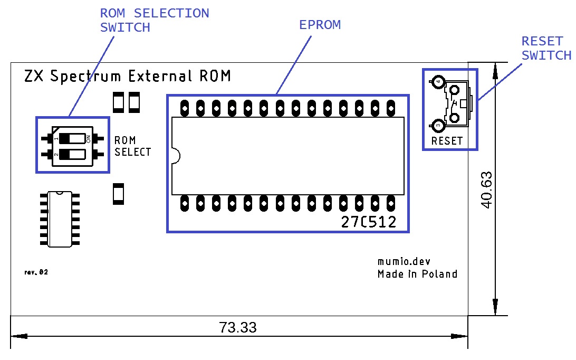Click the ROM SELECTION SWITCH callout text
(x=154, y=20)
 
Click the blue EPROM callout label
(x=320, y=25)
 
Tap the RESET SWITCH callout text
(x=546, y=48)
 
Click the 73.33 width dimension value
(x=238, y=327)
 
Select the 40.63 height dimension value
(x=487, y=190)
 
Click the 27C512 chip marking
(x=369, y=222)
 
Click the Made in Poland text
(x=417, y=274)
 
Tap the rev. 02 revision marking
(x=36, y=272)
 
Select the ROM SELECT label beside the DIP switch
(x=132, y=146)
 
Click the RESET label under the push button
(x=447, y=141)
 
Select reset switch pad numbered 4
(x=437, y=82)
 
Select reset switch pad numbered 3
(x=437, y=126)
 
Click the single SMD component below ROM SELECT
(x=119, y=194)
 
